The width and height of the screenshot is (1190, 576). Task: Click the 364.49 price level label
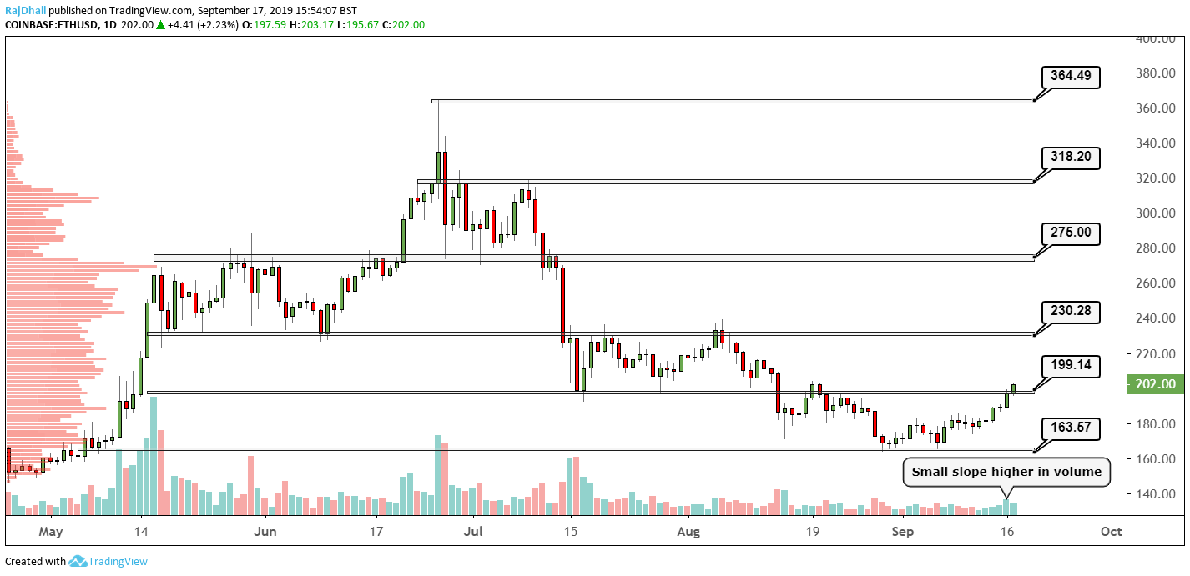point(1071,77)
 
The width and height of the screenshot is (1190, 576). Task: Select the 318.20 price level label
point(1071,157)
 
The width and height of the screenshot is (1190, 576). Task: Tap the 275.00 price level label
point(1071,233)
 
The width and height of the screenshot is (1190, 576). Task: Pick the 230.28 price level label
point(1071,313)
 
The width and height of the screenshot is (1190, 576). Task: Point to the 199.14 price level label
point(1071,365)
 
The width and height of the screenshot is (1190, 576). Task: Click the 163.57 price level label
point(1071,429)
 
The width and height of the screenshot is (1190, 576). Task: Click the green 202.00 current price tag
point(1156,384)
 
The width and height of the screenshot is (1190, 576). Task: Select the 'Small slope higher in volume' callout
point(1006,472)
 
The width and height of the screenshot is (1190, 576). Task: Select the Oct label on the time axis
point(1111,531)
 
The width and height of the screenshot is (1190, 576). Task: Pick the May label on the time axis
point(51,531)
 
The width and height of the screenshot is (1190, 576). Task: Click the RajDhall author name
point(25,11)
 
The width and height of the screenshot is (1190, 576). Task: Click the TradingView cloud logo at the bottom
point(78,562)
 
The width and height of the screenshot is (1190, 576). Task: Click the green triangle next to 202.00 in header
point(159,25)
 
